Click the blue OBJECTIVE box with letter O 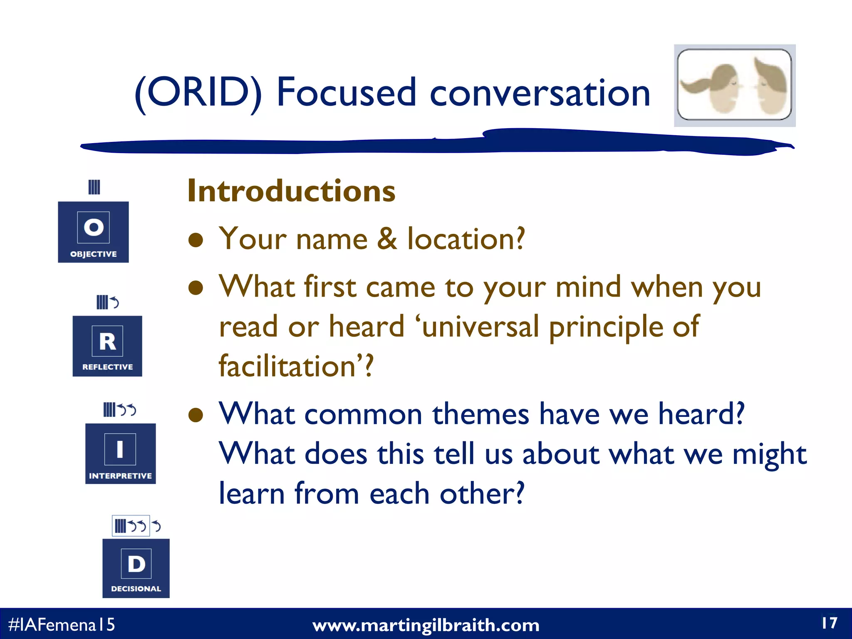pos(93,232)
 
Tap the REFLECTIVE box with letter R pos(107,346)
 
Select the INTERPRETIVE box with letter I pos(120,453)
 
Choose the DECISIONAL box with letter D pos(136,568)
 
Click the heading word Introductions pos(291,191)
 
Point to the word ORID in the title pos(198,92)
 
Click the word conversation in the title pos(540,93)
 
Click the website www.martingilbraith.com pos(426,625)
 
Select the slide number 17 pos(829,623)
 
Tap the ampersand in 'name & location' pos(387,239)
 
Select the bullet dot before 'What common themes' pos(196,415)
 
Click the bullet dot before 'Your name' pos(196,240)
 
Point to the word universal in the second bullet pos(480,327)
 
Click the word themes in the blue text pos(480,414)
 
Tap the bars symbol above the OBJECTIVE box pos(94,187)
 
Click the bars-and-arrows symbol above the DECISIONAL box pos(137,526)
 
